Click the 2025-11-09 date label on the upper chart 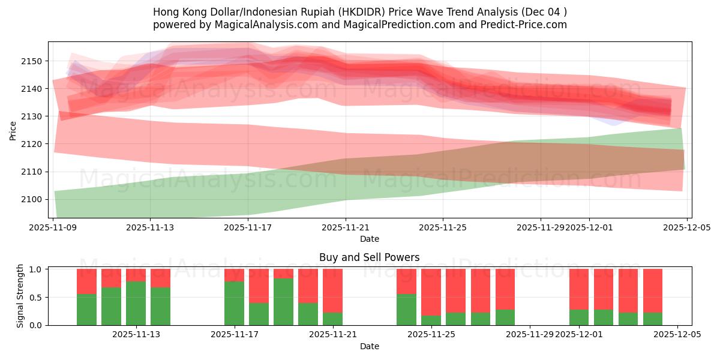pyautogui.click(x=53, y=227)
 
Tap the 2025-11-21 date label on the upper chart pyautogui.click(x=346, y=227)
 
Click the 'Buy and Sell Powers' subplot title pyautogui.click(x=370, y=257)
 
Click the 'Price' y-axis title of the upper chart pyautogui.click(x=13, y=130)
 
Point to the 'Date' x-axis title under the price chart pyautogui.click(x=370, y=239)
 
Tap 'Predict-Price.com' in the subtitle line pyautogui.click(x=524, y=25)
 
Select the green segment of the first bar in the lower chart pyautogui.click(x=86, y=310)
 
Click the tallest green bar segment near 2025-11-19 pyautogui.click(x=283, y=302)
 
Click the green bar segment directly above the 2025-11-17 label pyautogui.click(x=234, y=303)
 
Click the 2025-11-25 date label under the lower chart pyautogui.click(x=431, y=335)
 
